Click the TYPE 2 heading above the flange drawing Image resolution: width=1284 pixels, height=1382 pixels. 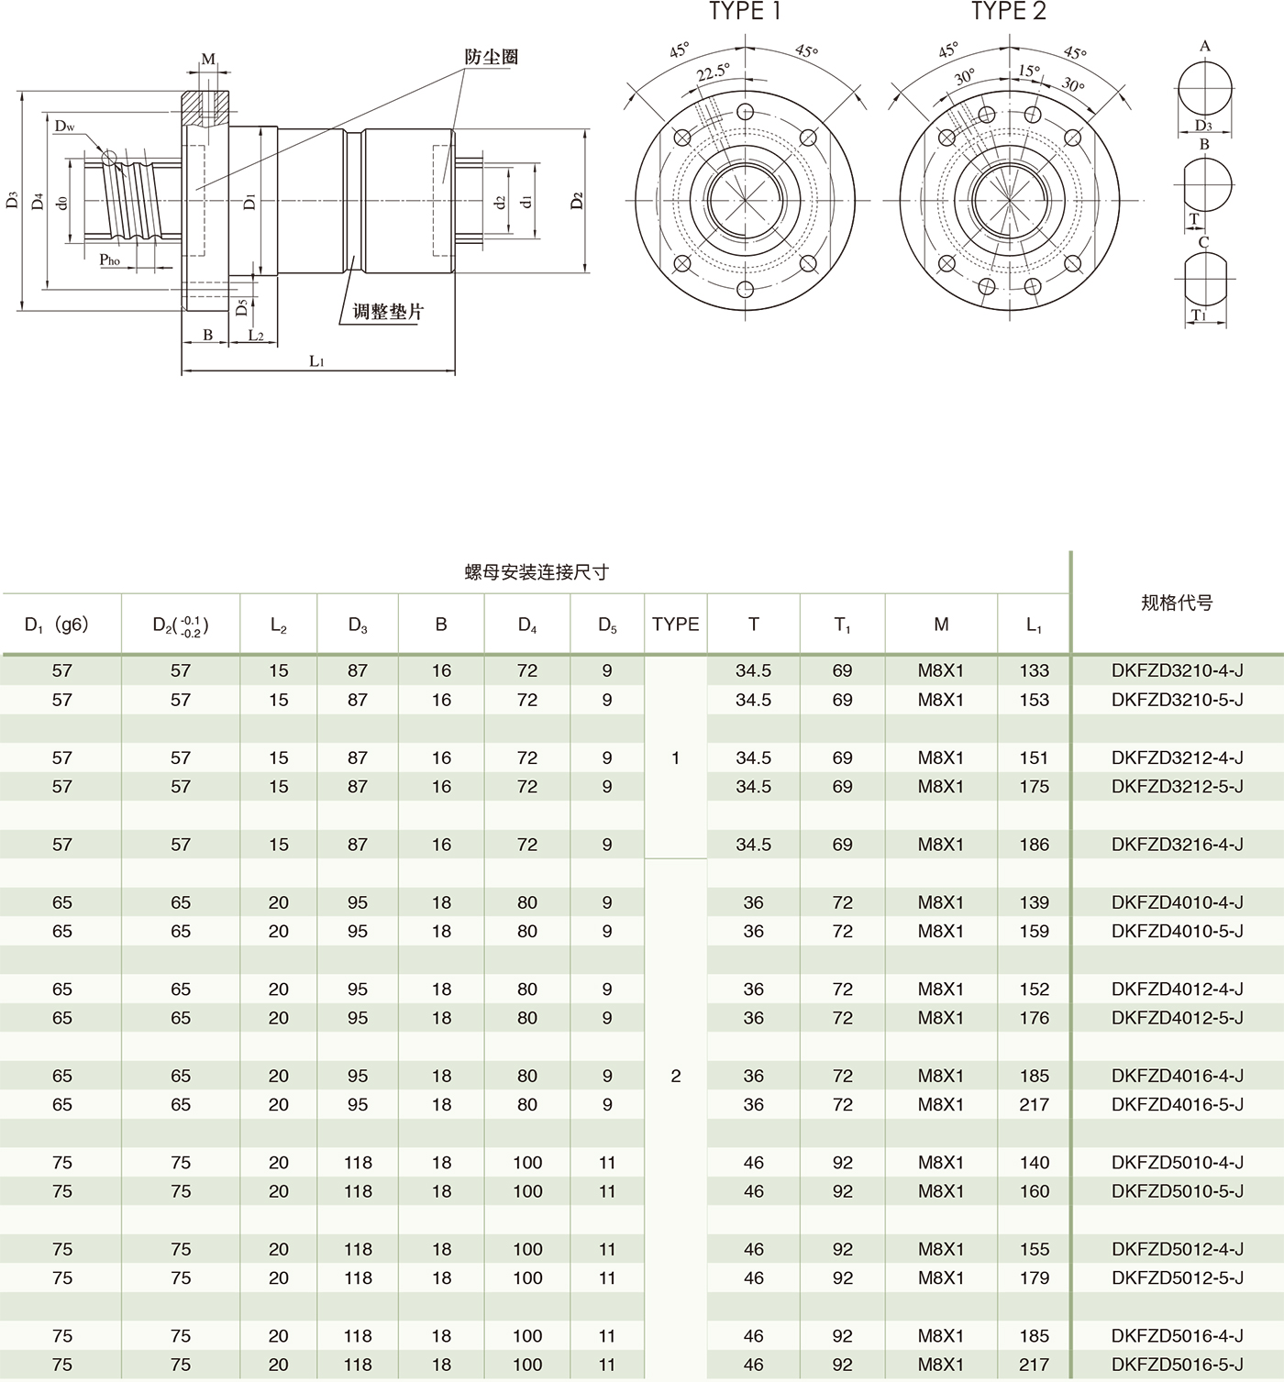(1008, 12)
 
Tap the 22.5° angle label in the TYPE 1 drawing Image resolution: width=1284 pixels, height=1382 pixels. (713, 72)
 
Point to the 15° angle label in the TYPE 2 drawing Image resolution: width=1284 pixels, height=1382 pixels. (1029, 71)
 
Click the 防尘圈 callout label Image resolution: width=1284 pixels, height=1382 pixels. (491, 57)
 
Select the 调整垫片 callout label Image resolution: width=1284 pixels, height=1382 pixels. (389, 312)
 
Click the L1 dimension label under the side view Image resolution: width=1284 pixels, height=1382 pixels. (316, 361)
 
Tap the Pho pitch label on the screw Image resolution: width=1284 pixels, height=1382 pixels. (110, 260)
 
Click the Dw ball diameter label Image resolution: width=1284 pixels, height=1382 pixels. (64, 126)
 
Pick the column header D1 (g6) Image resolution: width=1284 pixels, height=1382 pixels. (57, 625)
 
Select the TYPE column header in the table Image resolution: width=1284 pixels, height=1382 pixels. (675, 625)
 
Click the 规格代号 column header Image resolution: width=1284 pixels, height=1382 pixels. (1177, 603)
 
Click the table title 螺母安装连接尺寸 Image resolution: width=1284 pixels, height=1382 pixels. (537, 572)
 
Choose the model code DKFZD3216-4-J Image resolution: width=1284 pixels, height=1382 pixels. (1177, 845)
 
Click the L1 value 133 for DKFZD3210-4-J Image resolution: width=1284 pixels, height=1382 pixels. (1034, 671)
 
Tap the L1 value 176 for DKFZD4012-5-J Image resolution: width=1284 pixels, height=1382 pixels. (1034, 1018)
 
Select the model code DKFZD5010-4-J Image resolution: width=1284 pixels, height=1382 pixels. (1177, 1163)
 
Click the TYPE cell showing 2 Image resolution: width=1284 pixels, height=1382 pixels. (675, 1076)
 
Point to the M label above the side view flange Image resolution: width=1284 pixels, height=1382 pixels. (208, 60)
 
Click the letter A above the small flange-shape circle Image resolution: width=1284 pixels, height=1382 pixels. (1205, 46)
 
